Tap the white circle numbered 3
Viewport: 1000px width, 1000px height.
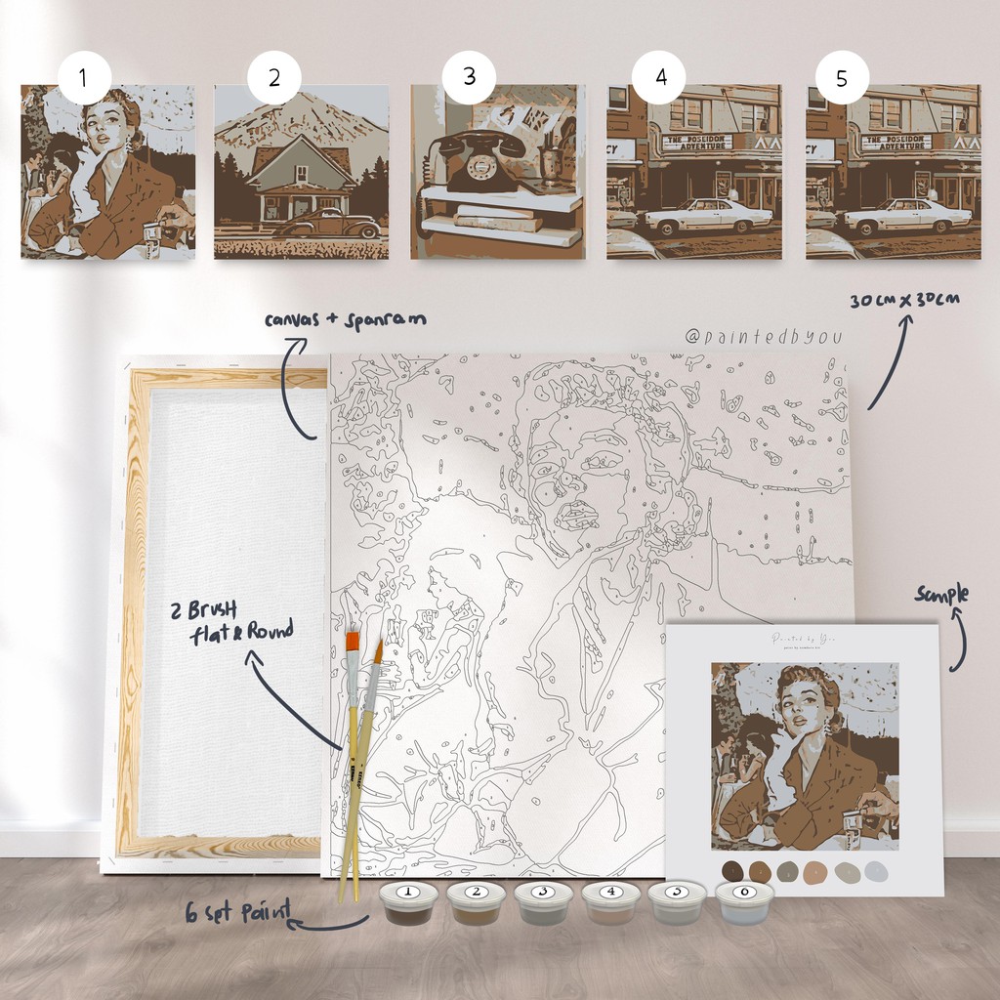pos(469,77)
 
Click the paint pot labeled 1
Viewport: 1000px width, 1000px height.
pos(407,902)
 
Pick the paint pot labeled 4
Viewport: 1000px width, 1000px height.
pos(610,902)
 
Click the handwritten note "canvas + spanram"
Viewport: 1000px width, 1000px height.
pos(345,319)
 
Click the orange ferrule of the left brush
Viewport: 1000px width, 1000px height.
pos(353,642)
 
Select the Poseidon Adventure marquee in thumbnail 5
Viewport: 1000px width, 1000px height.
pos(896,143)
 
